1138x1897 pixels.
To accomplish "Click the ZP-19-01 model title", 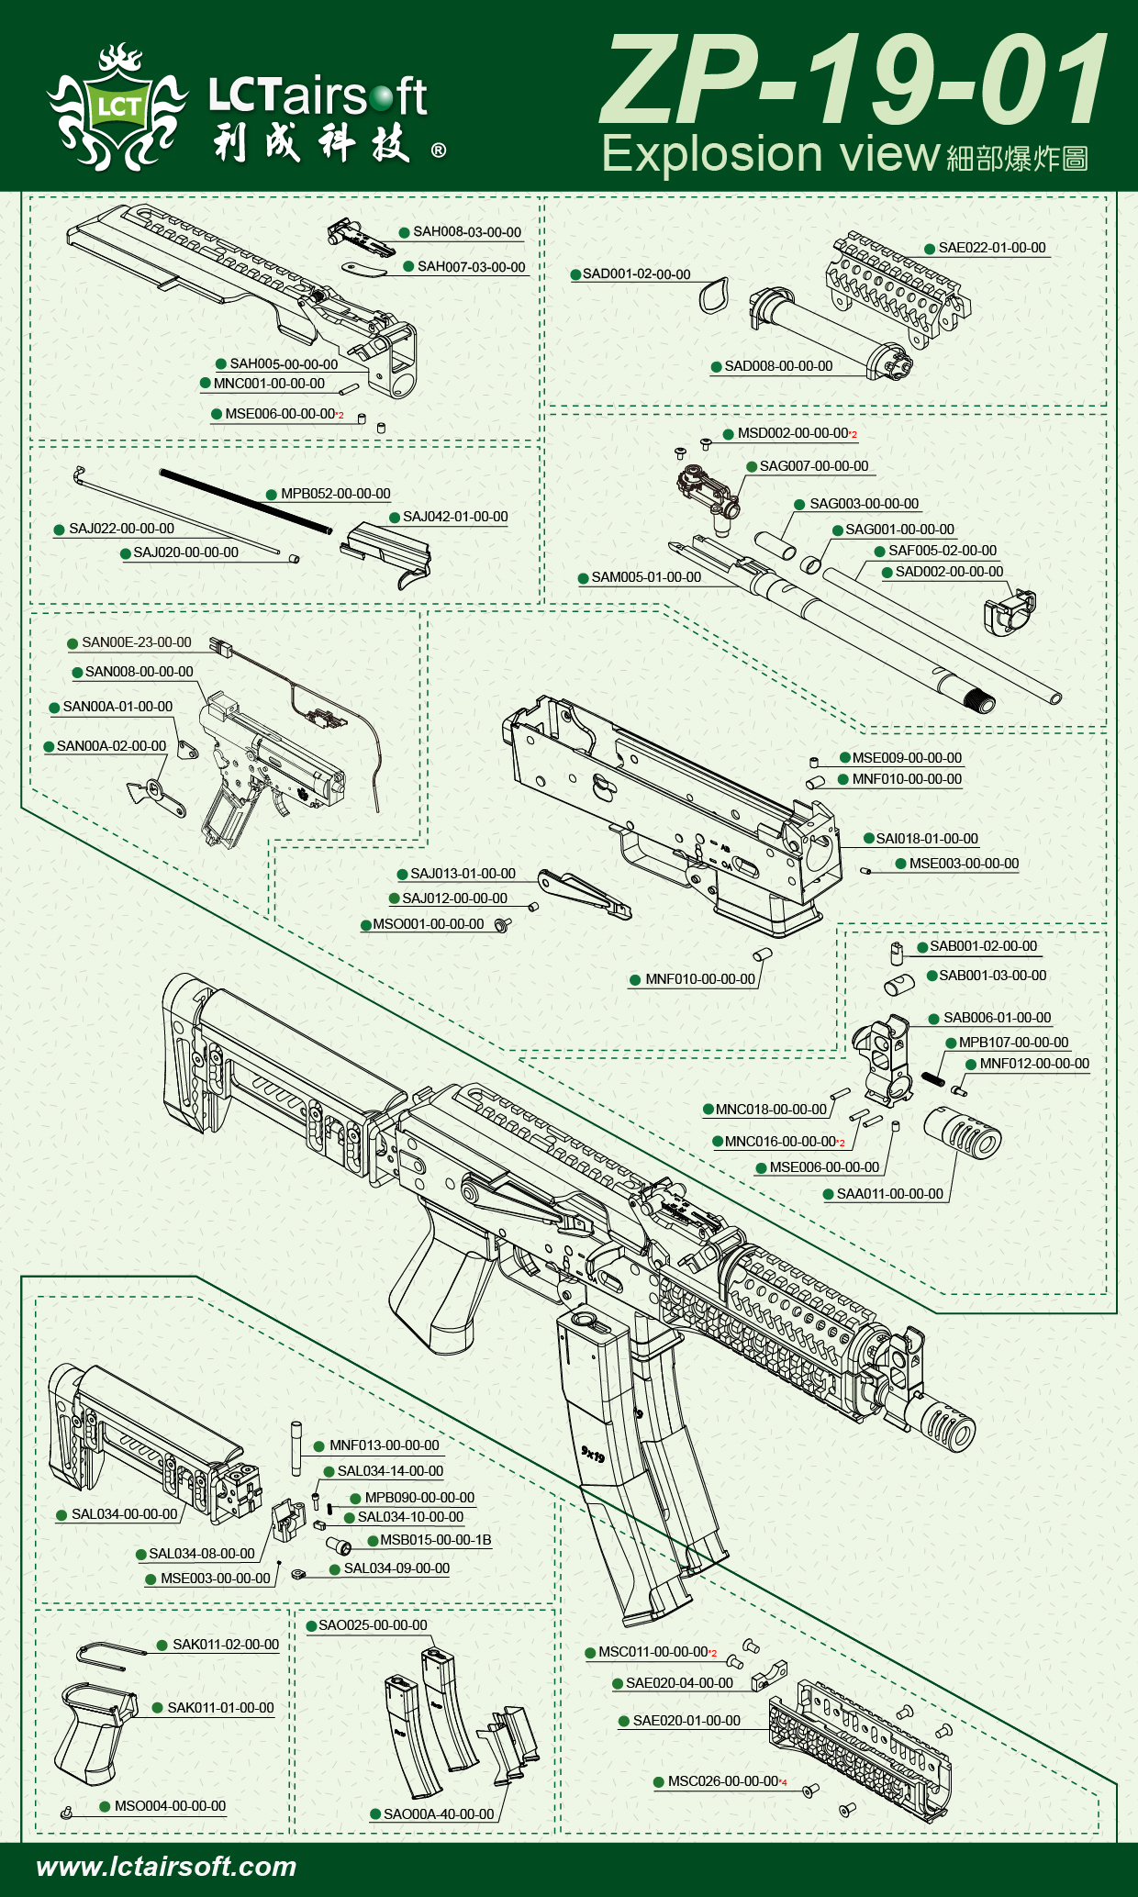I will [853, 81].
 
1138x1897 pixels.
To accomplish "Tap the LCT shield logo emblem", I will [117, 108].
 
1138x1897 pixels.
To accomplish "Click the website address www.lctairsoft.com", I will [166, 1866].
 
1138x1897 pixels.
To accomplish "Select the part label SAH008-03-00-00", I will [466, 232].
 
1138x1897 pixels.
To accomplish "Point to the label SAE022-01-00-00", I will [991, 248].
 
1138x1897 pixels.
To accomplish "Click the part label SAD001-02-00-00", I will [636, 274].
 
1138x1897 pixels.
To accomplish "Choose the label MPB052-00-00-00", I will [335, 494].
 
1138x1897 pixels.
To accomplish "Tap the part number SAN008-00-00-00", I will [139, 672].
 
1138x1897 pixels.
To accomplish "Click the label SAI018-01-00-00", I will [927, 839].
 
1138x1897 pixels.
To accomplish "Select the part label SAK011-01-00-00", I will [220, 1708].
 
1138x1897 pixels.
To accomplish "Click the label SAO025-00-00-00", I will [373, 1625].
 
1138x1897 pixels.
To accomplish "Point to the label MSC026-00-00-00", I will [723, 1781].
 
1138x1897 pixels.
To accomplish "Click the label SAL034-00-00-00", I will [124, 1514].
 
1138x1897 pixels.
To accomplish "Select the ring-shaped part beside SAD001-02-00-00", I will [714, 296].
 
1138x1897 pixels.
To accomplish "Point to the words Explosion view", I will [771, 153].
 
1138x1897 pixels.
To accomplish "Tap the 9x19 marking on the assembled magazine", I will [593, 1454].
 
